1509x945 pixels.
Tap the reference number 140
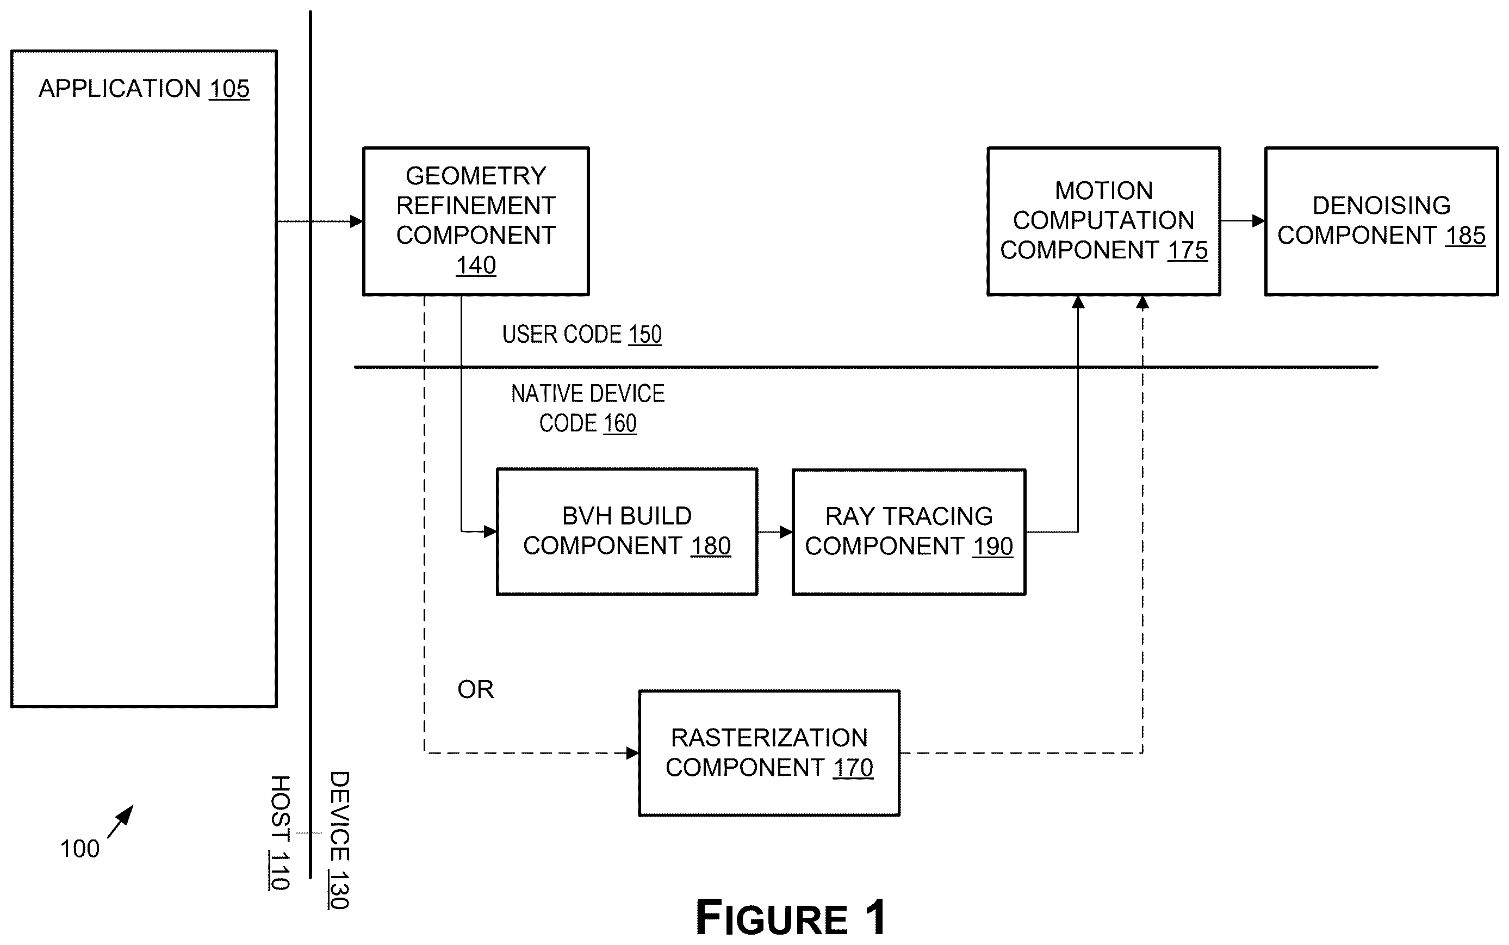point(476,265)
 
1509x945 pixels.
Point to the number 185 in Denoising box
point(1465,236)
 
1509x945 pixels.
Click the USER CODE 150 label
point(582,335)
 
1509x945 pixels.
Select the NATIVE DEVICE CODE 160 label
point(588,408)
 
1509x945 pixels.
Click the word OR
point(475,689)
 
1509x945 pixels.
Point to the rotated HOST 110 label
point(280,832)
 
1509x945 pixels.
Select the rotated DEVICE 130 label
point(339,840)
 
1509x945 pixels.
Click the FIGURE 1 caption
point(791,917)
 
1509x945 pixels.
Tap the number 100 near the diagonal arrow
point(79,849)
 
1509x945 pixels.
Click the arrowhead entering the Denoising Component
point(1258,221)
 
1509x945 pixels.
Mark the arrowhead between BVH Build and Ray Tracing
point(785,532)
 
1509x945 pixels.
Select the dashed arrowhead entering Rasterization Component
point(631,753)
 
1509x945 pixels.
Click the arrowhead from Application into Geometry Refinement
point(356,221)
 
